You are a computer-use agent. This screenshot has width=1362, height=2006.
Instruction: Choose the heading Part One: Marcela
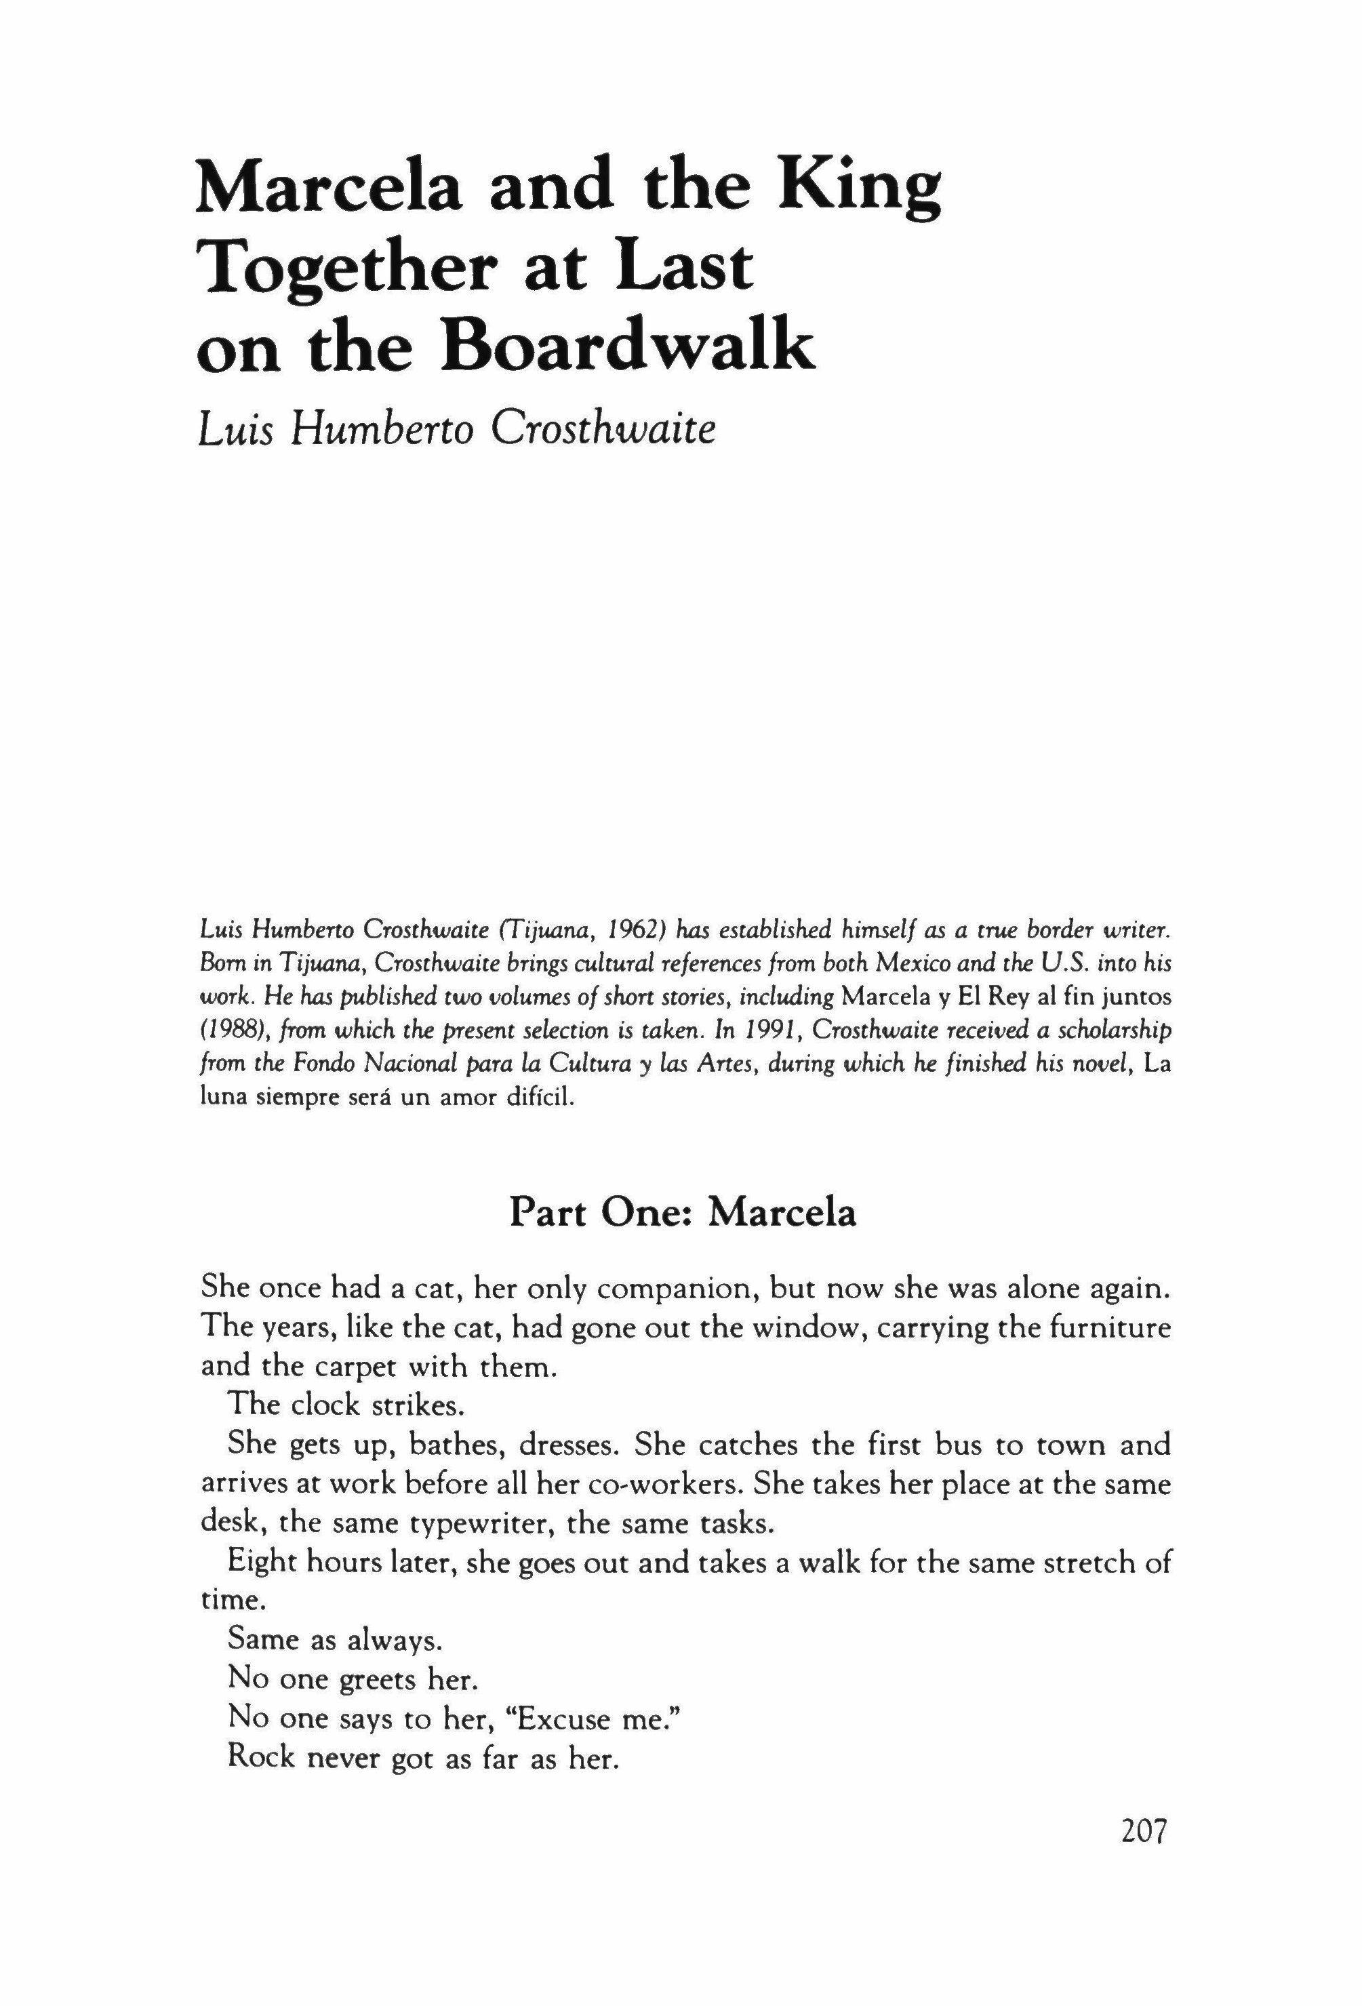pyautogui.click(x=682, y=1213)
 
